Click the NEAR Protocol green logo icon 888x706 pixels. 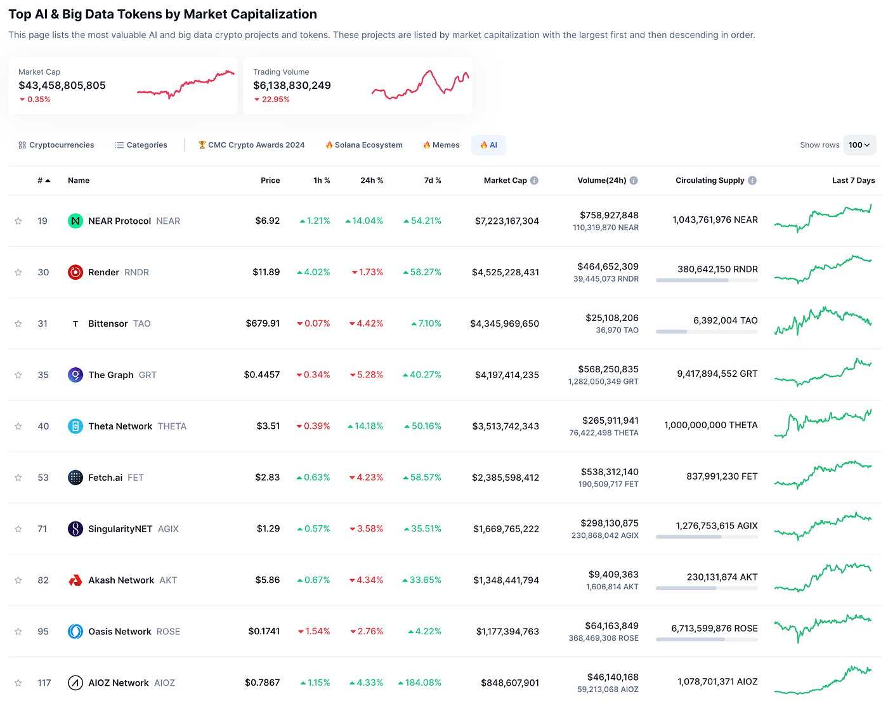click(x=75, y=221)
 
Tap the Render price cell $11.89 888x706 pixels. click(x=266, y=272)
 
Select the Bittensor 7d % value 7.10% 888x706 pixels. click(x=429, y=324)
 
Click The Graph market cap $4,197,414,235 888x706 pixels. click(x=507, y=375)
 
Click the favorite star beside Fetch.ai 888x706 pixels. click(x=18, y=478)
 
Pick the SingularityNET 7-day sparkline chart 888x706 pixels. click(x=823, y=526)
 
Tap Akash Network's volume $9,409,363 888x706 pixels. click(x=613, y=575)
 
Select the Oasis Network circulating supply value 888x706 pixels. click(x=714, y=629)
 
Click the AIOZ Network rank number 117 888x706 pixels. click(x=44, y=683)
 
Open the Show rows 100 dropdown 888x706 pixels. click(x=859, y=145)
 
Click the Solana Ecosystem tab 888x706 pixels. click(x=364, y=145)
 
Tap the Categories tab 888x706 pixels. click(x=141, y=145)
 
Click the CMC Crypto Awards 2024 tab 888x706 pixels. click(x=252, y=145)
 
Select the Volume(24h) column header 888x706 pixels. click(x=601, y=181)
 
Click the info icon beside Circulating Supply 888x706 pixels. click(x=752, y=181)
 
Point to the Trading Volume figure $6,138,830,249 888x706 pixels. click(x=292, y=86)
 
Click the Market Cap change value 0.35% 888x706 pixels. click(x=39, y=100)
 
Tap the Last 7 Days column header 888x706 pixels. click(x=853, y=181)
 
